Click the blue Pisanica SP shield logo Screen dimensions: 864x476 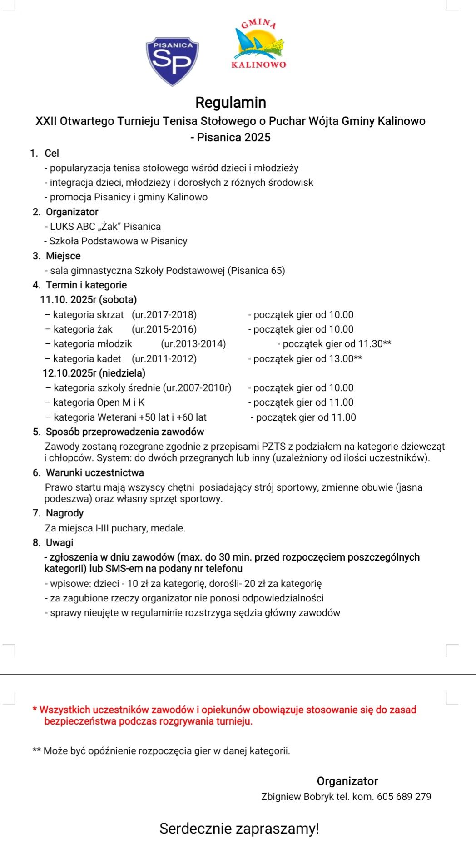pyautogui.click(x=172, y=61)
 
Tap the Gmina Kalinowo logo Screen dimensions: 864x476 pyautogui.click(x=259, y=45)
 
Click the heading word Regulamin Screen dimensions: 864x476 pyautogui.click(x=231, y=103)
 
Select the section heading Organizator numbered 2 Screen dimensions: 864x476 pyautogui.click(x=72, y=212)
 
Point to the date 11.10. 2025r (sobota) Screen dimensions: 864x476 pyautogui.click(x=89, y=300)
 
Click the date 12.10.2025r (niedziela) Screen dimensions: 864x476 pyautogui.click(x=94, y=373)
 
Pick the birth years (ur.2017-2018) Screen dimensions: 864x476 pyautogui.click(x=164, y=315)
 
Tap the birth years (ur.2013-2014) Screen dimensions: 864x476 pyautogui.click(x=193, y=344)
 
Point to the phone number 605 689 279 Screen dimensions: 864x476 pyautogui.click(x=404, y=796)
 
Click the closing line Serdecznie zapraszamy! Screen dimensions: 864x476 pyautogui.click(x=239, y=829)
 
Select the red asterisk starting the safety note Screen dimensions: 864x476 pyautogui.click(x=35, y=709)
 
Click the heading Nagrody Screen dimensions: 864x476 pyautogui.click(x=64, y=513)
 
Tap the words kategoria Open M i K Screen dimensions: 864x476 pyautogui.click(x=99, y=402)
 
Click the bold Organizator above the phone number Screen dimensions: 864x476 pyautogui.click(x=347, y=781)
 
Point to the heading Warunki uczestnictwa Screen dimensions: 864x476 pyautogui.click(x=94, y=473)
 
